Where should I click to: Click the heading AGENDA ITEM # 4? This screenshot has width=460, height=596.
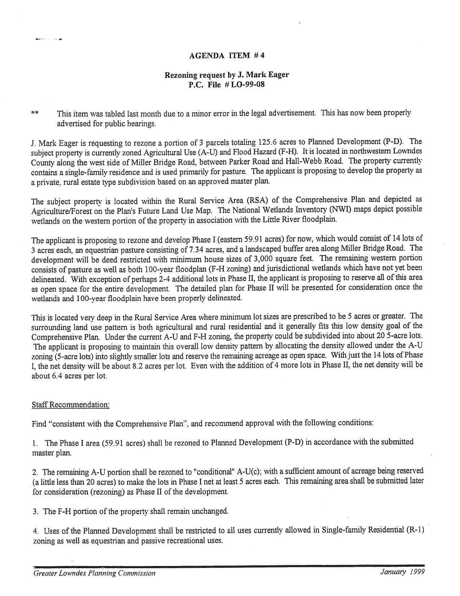(x=227, y=56)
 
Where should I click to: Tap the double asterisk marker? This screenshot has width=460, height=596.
(x=35, y=113)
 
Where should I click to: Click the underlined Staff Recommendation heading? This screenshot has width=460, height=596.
(x=70, y=405)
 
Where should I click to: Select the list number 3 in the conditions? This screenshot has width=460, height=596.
(x=35, y=512)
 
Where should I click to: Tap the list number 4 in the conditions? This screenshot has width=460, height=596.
(x=35, y=531)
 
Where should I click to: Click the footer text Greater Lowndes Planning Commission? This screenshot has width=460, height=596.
(x=94, y=573)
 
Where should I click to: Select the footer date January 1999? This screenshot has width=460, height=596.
(x=402, y=572)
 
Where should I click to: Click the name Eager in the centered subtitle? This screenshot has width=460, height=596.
(x=277, y=75)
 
